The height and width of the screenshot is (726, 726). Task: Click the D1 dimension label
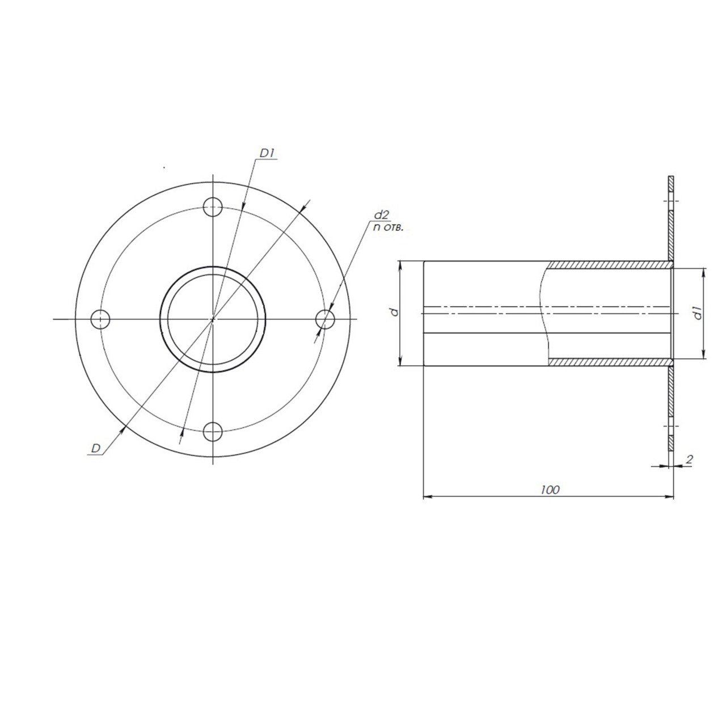tap(268, 153)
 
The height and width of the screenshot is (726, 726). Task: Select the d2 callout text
tap(381, 215)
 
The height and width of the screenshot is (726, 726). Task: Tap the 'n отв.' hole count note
tap(387, 227)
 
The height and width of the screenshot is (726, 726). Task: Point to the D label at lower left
tap(96, 448)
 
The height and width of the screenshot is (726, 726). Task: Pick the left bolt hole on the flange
tap(100, 319)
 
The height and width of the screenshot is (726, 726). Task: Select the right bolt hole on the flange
tap(325, 319)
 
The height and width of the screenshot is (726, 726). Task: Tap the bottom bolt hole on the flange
tap(213, 432)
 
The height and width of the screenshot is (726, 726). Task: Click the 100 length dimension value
tap(550, 490)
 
